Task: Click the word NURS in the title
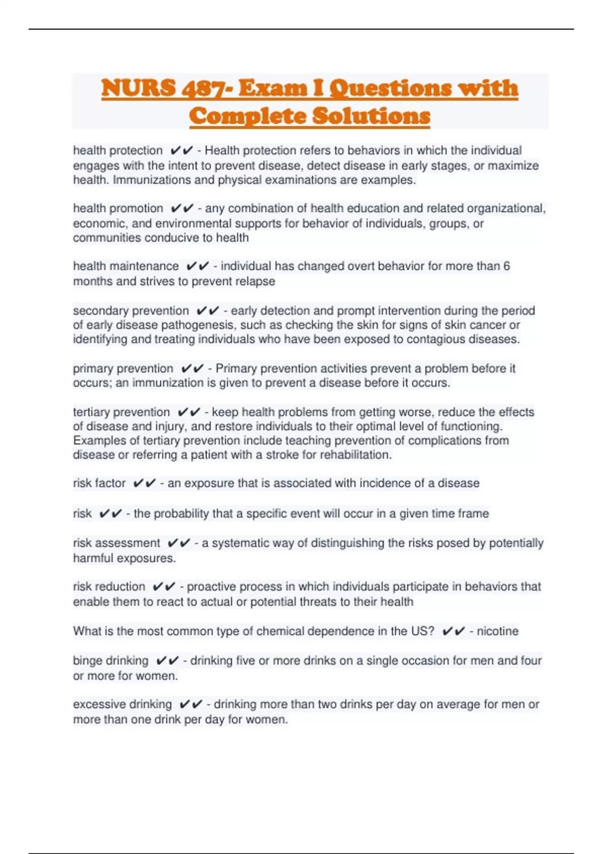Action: coord(138,88)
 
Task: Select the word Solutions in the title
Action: coord(371,116)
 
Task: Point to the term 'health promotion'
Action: coord(118,208)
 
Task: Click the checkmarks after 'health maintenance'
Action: coord(197,266)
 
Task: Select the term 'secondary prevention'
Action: coord(131,311)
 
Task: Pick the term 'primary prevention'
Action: coord(123,369)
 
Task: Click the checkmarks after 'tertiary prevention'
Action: coord(189,412)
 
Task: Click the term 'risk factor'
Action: coord(99,483)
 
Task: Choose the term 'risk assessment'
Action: coord(117,543)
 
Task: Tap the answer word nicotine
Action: coord(497,631)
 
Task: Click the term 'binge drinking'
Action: coord(111,661)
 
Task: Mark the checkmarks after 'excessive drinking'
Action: coord(191,704)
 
